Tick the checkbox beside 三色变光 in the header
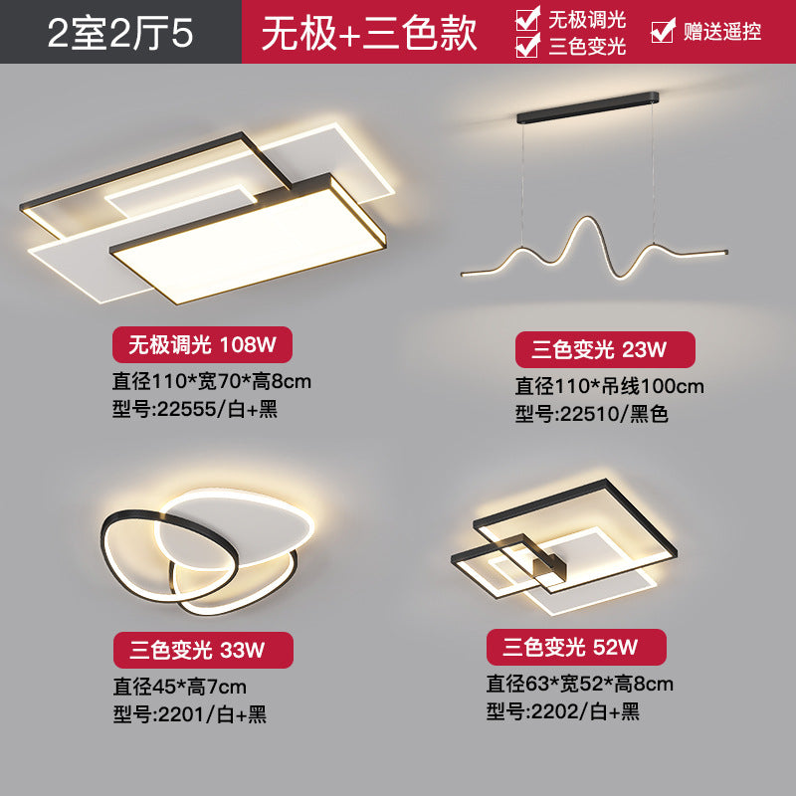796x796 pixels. point(528,45)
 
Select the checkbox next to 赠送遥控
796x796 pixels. point(663,31)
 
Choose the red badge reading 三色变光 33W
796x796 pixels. point(203,650)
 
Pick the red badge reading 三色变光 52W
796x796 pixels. point(576,648)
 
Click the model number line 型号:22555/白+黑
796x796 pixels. point(196,410)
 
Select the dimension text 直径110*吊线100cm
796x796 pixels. point(609,385)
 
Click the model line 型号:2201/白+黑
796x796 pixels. point(190,713)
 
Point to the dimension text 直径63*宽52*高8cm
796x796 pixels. point(579,683)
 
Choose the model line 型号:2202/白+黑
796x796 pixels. point(563,710)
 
